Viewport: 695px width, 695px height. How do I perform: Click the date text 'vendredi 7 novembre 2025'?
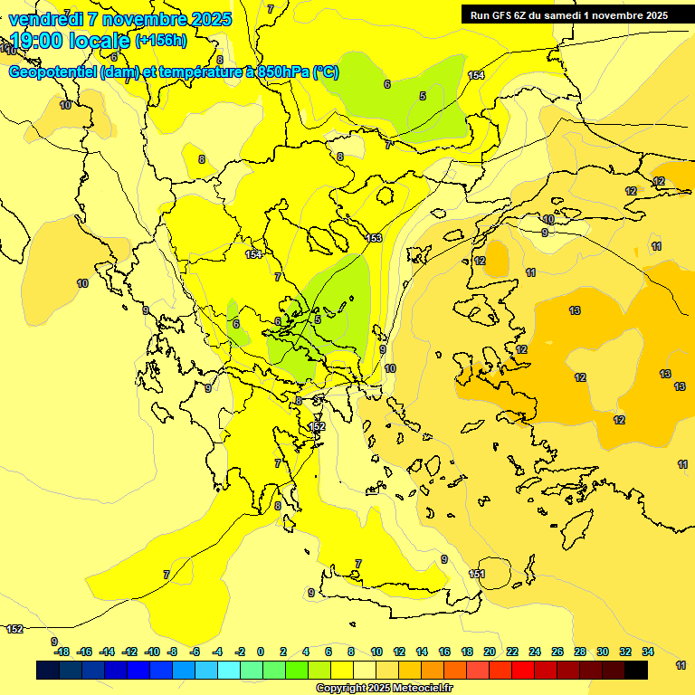(120, 19)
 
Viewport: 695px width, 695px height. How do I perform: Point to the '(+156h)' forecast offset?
(161, 41)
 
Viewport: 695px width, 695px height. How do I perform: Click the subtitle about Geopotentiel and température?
(173, 72)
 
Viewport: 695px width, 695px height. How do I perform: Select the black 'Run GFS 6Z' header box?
(568, 14)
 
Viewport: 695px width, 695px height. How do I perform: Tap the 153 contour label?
(374, 238)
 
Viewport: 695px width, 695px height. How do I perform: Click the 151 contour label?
(477, 574)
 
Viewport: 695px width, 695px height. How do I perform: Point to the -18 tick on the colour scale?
(62, 652)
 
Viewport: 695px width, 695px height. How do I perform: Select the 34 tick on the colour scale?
(648, 652)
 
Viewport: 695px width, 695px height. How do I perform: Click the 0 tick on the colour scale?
(261, 652)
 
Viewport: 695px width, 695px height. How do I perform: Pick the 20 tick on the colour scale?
(490, 652)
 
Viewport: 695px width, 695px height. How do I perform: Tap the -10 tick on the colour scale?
(152, 652)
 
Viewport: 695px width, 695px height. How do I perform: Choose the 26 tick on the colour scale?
(557, 652)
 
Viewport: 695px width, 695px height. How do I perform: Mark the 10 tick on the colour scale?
(376, 652)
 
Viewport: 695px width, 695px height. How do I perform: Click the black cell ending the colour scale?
(636, 671)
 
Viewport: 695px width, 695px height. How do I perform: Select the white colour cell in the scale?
(364, 671)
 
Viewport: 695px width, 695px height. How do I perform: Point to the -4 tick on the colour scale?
(217, 652)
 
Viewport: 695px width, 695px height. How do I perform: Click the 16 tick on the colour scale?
(444, 652)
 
